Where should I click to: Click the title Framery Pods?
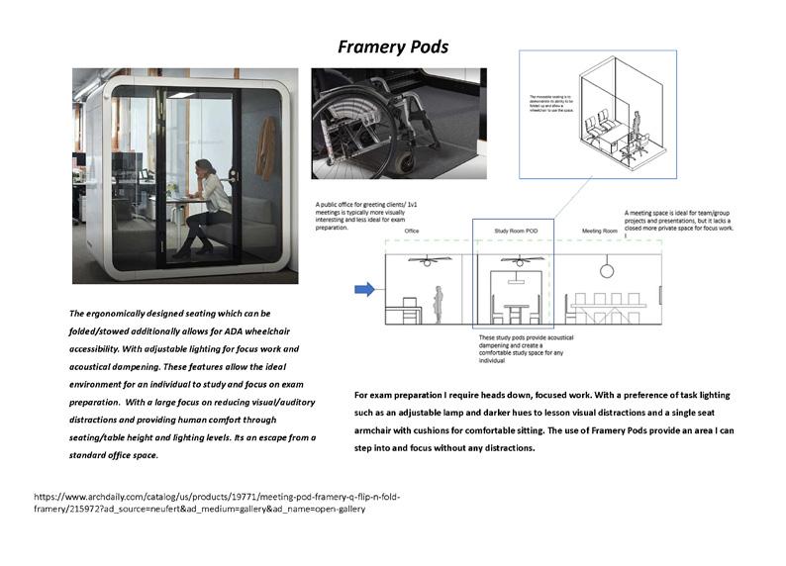tap(393, 47)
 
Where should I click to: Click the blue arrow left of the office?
tap(364, 290)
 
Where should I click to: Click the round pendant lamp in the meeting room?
tap(606, 269)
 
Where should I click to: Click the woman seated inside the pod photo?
tap(209, 198)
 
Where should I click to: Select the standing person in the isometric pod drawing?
tap(639, 130)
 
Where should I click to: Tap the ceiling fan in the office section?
tap(432, 261)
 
